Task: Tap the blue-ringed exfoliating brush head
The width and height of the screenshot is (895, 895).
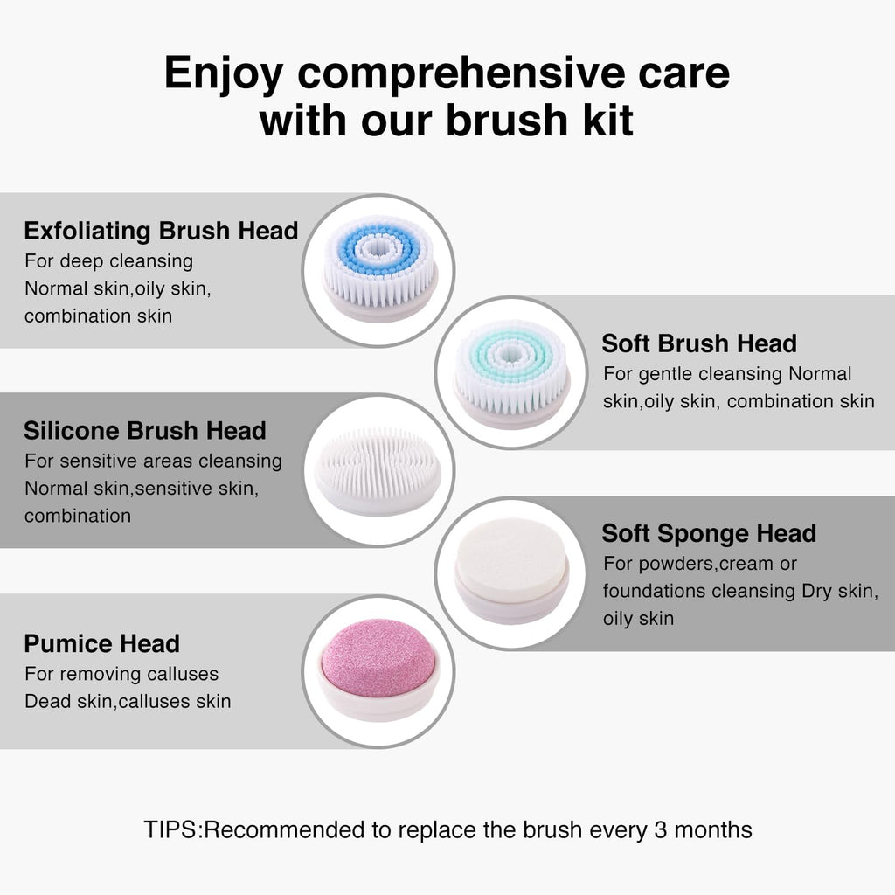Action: click(379, 268)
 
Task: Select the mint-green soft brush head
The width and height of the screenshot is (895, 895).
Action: click(512, 374)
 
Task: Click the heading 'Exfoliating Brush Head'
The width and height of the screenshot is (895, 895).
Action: click(161, 231)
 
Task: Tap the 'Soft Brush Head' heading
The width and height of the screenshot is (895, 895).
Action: click(699, 343)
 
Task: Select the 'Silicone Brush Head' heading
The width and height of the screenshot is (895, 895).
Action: click(145, 431)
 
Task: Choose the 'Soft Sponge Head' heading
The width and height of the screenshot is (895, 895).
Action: click(709, 534)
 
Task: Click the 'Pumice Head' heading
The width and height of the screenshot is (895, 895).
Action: click(101, 644)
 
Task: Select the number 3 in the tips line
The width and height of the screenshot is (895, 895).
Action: click(661, 830)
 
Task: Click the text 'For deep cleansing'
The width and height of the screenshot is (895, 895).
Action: click(108, 261)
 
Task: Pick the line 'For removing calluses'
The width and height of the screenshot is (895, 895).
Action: click(121, 674)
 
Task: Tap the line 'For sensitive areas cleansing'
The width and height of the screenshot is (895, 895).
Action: click(153, 461)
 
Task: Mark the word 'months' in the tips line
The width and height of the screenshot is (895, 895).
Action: click(713, 830)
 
